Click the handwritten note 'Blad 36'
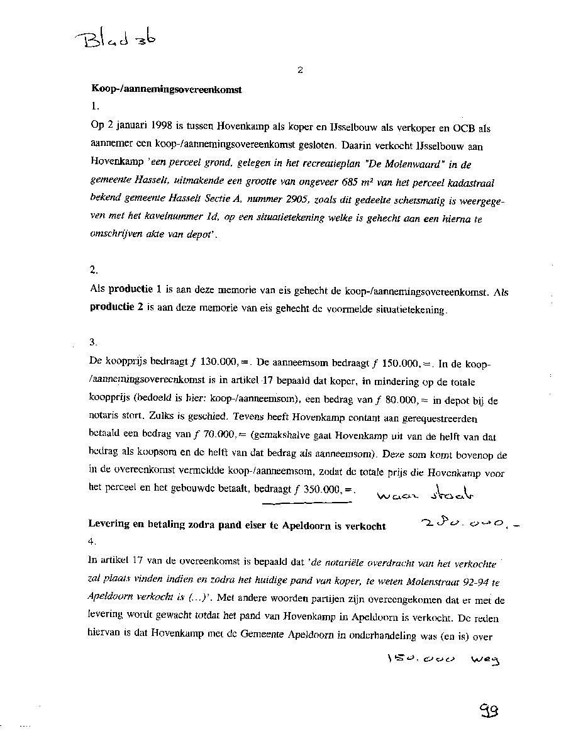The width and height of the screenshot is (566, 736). pyautogui.click(x=118, y=42)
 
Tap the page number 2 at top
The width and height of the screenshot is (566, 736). pyautogui.click(x=300, y=70)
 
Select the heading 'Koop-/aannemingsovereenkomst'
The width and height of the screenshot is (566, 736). pyautogui.click(x=167, y=89)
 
